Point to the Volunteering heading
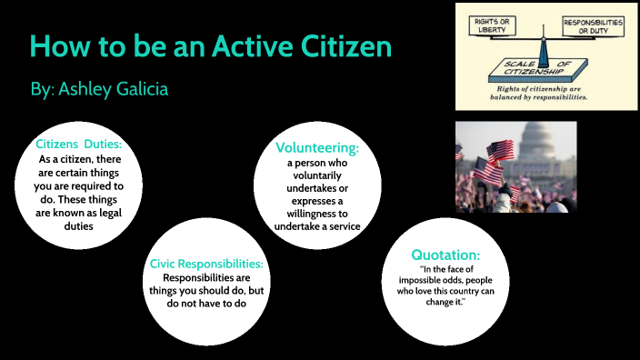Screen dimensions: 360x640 (x=316, y=147)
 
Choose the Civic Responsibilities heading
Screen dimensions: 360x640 (x=206, y=264)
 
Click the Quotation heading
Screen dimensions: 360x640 (x=445, y=255)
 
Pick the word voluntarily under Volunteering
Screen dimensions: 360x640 (x=316, y=175)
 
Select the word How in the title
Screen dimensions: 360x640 (x=59, y=46)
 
